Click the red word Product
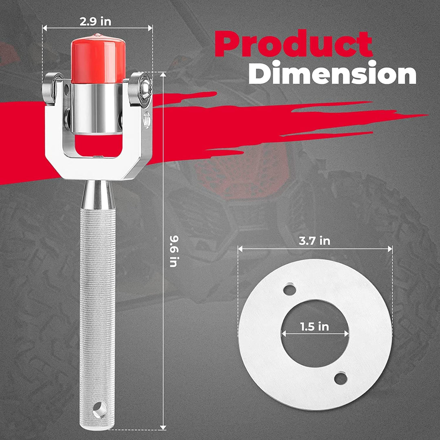293,44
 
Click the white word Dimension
332,73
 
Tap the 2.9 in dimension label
95,22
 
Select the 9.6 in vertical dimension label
174,251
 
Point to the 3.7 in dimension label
315,241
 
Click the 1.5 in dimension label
314,327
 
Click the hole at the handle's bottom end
99,409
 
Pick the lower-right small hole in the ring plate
341,378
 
